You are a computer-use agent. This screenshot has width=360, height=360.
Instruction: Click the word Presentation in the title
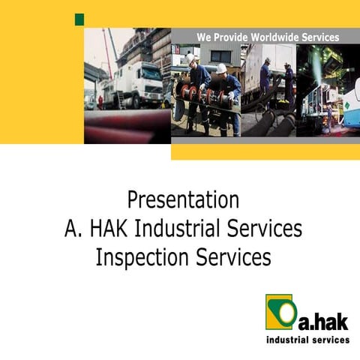point(183,201)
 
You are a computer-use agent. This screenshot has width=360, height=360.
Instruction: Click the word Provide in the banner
point(230,37)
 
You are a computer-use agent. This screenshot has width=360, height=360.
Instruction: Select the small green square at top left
point(79,19)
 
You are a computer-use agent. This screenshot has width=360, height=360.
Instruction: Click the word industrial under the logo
point(290,340)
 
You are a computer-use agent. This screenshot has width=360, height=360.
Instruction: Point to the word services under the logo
point(331,340)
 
